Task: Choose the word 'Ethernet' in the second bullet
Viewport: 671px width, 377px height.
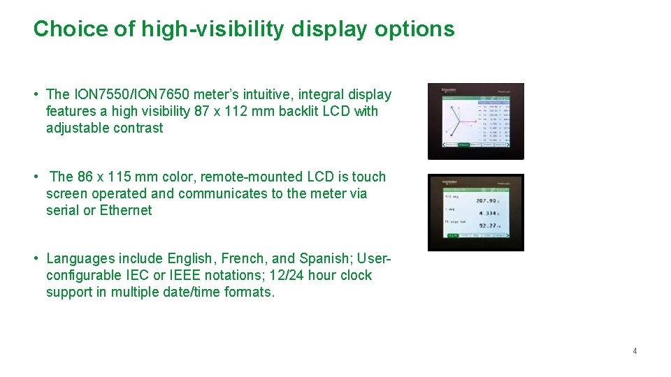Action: (126, 210)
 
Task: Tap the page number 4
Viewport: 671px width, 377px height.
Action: (635, 351)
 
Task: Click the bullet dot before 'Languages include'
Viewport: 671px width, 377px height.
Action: (35, 259)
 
